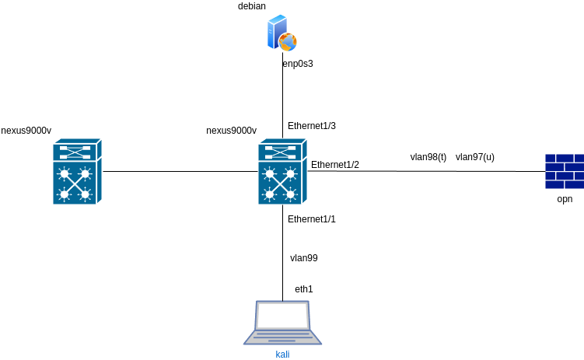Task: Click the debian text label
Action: point(251,6)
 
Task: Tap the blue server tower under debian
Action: point(275,33)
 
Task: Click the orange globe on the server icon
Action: point(288,42)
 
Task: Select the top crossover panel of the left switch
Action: point(74,152)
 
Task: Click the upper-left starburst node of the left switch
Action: point(64,173)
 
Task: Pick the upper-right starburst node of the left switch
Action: point(85,173)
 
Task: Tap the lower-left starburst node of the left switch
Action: point(64,194)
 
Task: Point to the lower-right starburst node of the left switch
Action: point(85,194)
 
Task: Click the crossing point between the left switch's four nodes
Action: point(74,183)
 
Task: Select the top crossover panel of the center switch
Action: point(280,152)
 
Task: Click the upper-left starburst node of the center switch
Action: point(270,173)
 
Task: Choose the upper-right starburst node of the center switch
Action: point(291,173)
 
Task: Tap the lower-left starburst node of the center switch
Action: point(270,194)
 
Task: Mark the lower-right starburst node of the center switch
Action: point(291,194)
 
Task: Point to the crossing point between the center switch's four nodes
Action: point(280,183)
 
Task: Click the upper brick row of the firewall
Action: point(564,162)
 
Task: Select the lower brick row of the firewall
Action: point(564,180)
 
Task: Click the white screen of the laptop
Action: point(282,315)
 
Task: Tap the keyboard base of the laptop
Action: point(282,337)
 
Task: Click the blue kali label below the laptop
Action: point(282,355)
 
